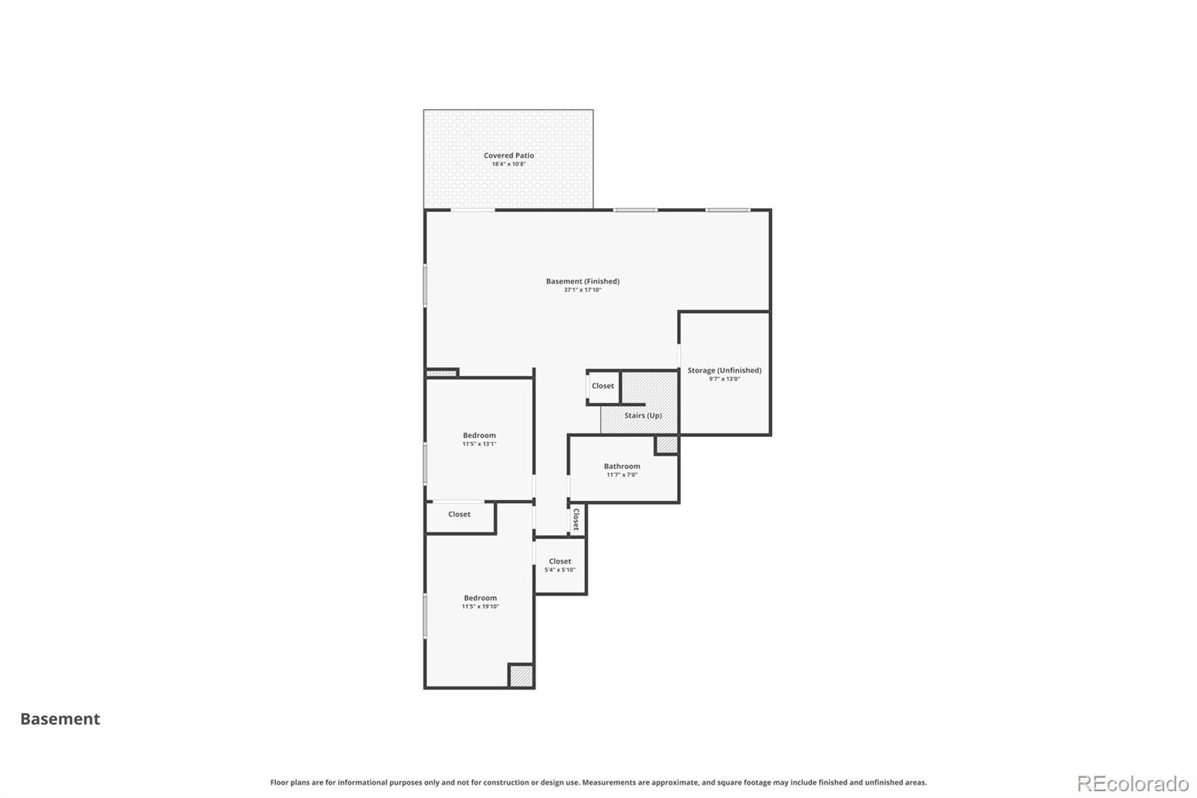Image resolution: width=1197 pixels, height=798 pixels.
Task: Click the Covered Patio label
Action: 509,155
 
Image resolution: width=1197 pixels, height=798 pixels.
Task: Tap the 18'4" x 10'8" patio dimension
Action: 509,164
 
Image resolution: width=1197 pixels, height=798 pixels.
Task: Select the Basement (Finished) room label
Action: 583,281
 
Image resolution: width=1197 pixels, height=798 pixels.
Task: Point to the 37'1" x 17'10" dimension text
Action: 583,290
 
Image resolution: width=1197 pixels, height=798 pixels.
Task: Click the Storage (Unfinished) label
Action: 724,370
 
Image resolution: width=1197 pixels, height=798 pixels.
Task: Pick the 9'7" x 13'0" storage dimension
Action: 724,379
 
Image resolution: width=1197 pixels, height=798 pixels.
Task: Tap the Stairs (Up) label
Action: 643,415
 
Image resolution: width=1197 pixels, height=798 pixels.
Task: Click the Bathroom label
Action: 622,466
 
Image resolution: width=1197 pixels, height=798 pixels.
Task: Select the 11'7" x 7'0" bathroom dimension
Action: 622,475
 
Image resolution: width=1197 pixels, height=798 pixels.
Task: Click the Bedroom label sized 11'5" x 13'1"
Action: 480,435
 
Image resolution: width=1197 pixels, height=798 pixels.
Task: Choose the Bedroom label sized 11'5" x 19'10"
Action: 480,597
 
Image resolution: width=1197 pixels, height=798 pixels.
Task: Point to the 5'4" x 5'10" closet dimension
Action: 560,570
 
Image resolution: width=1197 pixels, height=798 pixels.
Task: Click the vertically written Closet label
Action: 576,520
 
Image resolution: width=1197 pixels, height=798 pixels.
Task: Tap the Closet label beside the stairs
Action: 603,386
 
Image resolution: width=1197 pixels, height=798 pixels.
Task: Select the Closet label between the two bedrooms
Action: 459,514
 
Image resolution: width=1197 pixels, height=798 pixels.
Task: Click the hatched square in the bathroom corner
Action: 667,445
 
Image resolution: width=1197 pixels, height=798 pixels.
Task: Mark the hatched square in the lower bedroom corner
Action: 521,675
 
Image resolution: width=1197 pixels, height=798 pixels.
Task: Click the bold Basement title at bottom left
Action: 60,719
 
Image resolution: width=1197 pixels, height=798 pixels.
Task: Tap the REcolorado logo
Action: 1133,784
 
